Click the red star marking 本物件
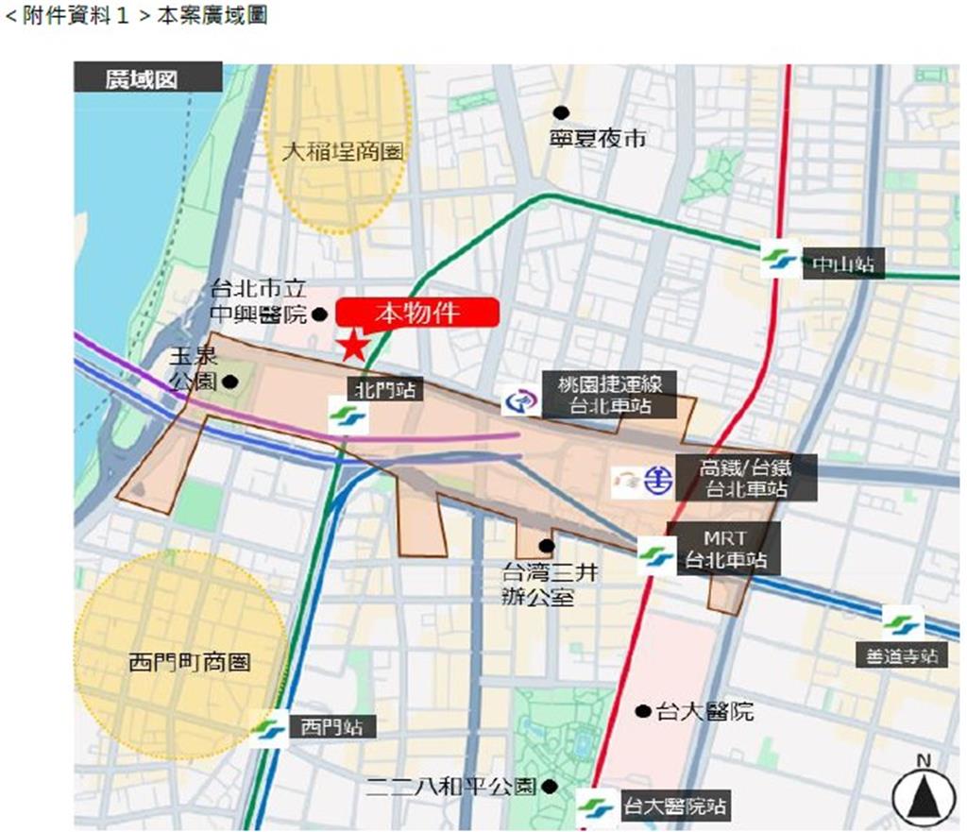354,345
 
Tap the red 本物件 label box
416,313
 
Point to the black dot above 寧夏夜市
561,112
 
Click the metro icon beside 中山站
779,260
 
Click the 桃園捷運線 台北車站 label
609,396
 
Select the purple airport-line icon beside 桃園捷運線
520,401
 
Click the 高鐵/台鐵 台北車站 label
745,478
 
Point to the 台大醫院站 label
673,808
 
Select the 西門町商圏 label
190,663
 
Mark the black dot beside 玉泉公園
229,382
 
